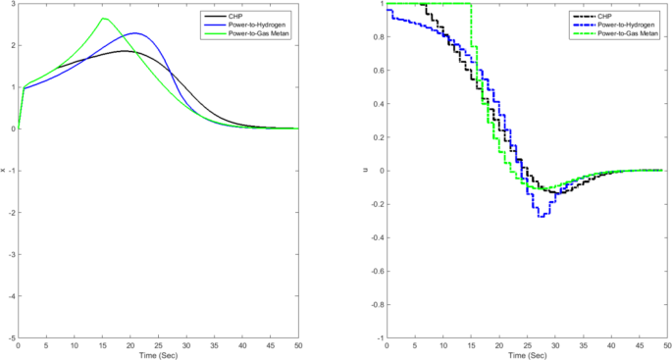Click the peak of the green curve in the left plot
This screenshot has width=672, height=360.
coord(103,18)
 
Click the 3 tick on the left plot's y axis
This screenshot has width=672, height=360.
coord(13,4)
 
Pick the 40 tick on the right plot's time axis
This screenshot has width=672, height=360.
coord(612,344)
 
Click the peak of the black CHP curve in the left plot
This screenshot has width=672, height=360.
coord(125,51)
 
